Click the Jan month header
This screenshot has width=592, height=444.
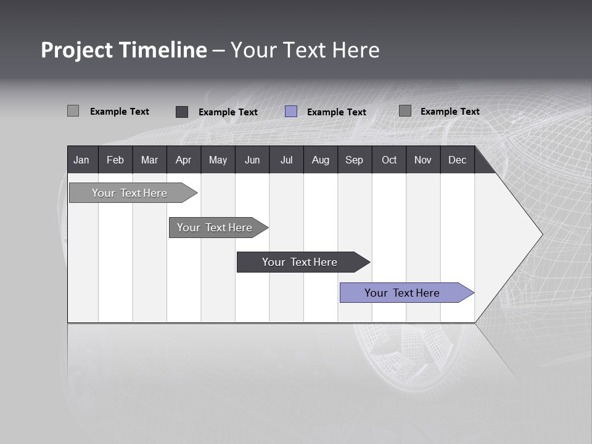81,160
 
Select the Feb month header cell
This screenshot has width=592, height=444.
115,160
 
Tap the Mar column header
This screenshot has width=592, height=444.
149,160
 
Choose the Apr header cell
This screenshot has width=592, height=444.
183,160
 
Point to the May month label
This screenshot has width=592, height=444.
218,160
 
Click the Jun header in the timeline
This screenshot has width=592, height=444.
252,160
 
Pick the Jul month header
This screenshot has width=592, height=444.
286,160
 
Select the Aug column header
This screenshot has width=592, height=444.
321,160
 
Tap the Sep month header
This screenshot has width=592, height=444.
355,160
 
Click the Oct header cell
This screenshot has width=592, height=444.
389,160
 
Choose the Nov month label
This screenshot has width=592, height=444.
423,160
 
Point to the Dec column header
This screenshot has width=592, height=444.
458,160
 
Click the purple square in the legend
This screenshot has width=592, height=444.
291,112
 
